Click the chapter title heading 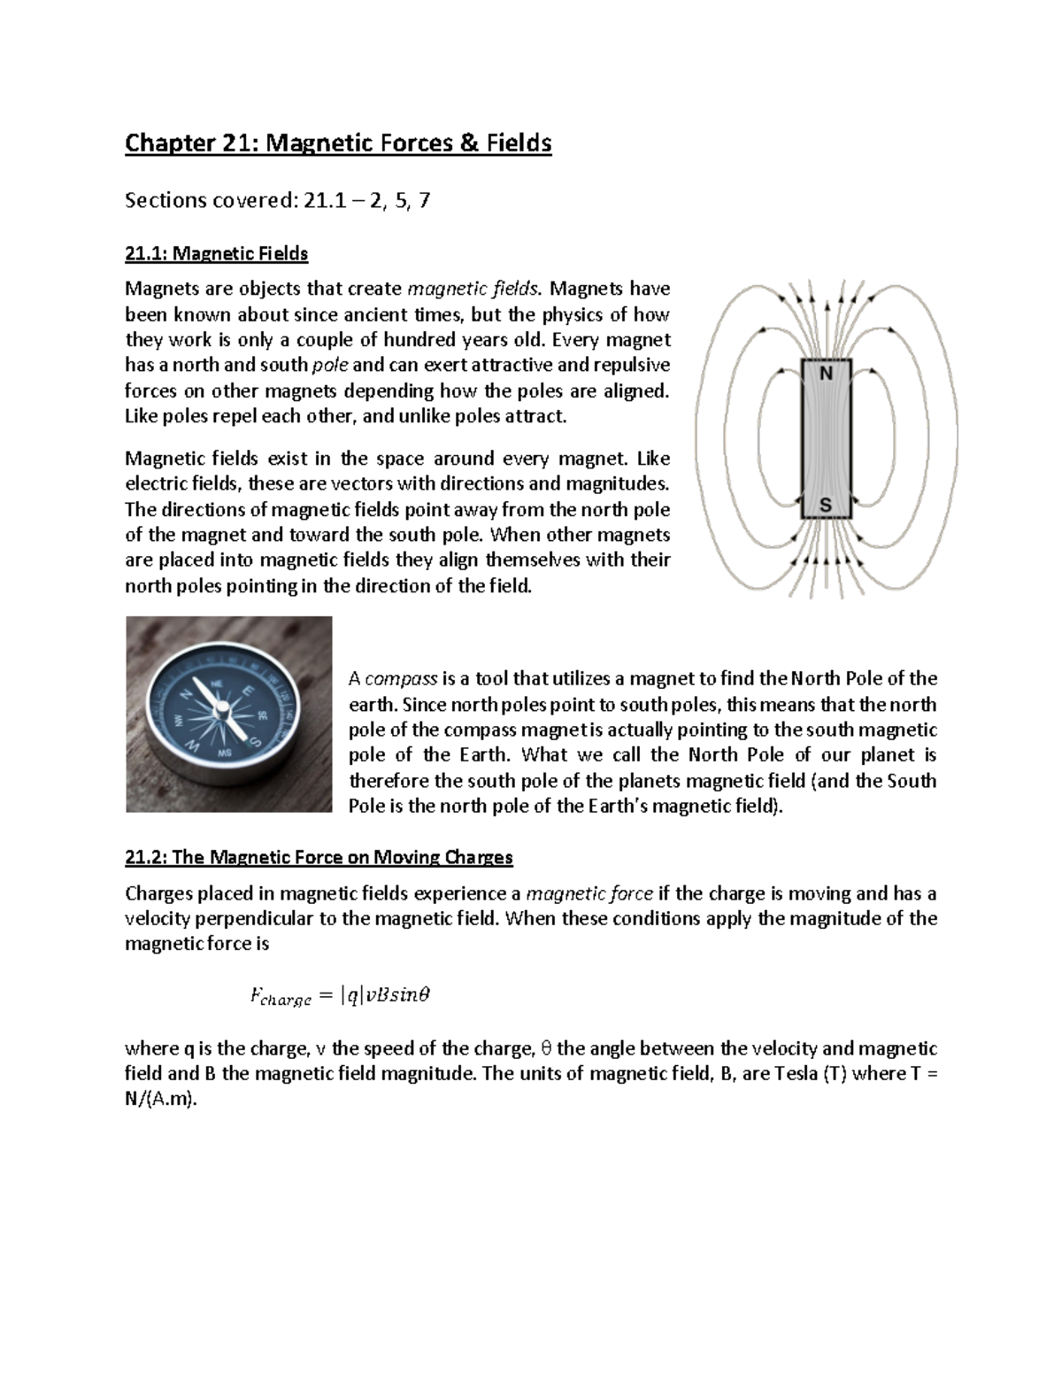click(x=338, y=143)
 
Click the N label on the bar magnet click(x=826, y=374)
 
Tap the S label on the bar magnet click(x=826, y=506)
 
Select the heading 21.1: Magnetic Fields click(x=216, y=254)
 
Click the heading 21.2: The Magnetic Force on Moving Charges click(x=319, y=857)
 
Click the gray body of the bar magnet click(x=826, y=439)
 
